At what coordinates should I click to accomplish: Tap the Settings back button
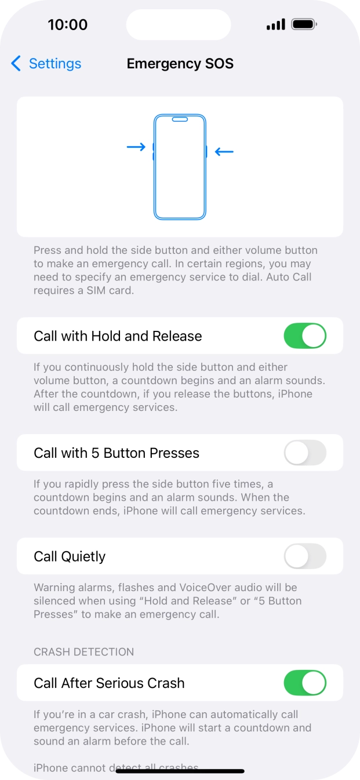pyautogui.click(x=46, y=63)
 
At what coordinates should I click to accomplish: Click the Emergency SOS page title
pyautogui.click(x=180, y=63)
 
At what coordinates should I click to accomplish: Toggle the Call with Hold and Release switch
pyautogui.click(x=305, y=336)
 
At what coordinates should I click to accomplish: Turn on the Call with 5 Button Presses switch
pyautogui.click(x=305, y=453)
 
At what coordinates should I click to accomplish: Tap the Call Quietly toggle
pyautogui.click(x=305, y=556)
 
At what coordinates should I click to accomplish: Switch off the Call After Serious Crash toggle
pyautogui.click(x=305, y=683)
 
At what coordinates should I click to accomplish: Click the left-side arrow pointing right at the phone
pyautogui.click(x=136, y=147)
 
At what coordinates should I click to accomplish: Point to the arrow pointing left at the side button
pyautogui.click(x=224, y=152)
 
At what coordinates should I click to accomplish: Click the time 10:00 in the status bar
pyautogui.click(x=67, y=24)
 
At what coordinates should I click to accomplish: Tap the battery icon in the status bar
pyautogui.click(x=304, y=24)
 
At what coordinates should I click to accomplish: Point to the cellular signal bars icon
pyautogui.click(x=275, y=24)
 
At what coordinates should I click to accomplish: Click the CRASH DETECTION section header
pyautogui.click(x=83, y=652)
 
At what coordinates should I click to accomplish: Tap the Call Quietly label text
pyautogui.click(x=70, y=556)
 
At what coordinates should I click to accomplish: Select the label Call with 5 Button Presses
pyautogui.click(x=117, y=453)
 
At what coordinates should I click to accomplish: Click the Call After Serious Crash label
pyautogui.click(x=109, y=683)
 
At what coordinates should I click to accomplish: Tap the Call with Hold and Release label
pyautogui.click(x=118, y=336)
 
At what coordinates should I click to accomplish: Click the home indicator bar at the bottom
pyautogui.click(x=180, y=771)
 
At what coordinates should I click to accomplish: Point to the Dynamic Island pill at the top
pyautogui.click(x=179, y=25)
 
